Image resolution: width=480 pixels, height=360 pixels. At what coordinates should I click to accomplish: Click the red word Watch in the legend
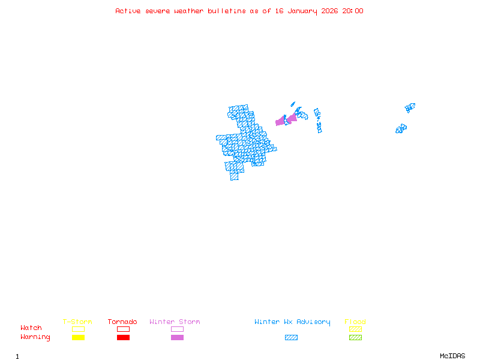[31, 328]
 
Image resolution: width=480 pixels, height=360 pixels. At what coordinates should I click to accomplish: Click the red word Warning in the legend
[35, 337]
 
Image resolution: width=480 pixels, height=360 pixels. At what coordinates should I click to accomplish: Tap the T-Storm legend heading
[77, 322]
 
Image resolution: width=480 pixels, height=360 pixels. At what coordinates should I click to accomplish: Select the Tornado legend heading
[122, 322]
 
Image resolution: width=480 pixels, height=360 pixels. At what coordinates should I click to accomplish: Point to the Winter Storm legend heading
[175, 322]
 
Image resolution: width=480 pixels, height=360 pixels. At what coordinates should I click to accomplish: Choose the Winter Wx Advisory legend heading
[292, 322]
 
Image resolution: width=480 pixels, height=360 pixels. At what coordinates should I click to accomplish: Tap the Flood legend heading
[355, 322]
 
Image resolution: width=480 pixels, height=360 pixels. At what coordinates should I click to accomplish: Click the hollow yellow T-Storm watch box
[78, 329]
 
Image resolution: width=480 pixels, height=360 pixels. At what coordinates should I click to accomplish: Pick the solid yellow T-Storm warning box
[78, 337]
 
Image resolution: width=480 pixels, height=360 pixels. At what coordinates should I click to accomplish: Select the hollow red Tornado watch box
[123, 329]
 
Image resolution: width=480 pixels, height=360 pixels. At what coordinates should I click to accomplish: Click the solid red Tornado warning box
[123, 337]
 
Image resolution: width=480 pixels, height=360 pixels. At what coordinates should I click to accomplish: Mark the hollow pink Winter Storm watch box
[177, 329]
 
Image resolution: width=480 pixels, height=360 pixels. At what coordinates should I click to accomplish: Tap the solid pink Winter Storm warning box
[177, 337]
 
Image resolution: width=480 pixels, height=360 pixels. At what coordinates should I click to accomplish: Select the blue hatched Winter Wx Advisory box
[291, 337]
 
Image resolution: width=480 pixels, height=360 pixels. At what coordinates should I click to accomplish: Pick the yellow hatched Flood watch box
[355, 329]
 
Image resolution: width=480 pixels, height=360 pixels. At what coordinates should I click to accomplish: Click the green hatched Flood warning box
[355, 337]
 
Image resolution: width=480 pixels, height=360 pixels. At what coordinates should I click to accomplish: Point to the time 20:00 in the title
[353, 11]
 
